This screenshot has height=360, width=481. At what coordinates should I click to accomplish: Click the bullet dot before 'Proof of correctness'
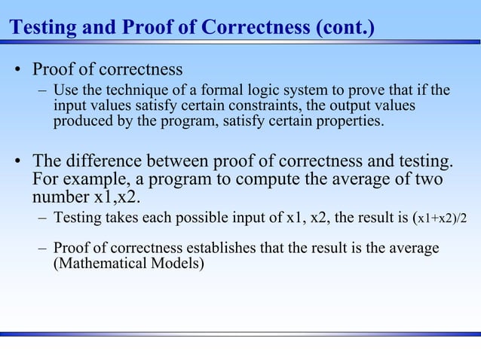(16, 72)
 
